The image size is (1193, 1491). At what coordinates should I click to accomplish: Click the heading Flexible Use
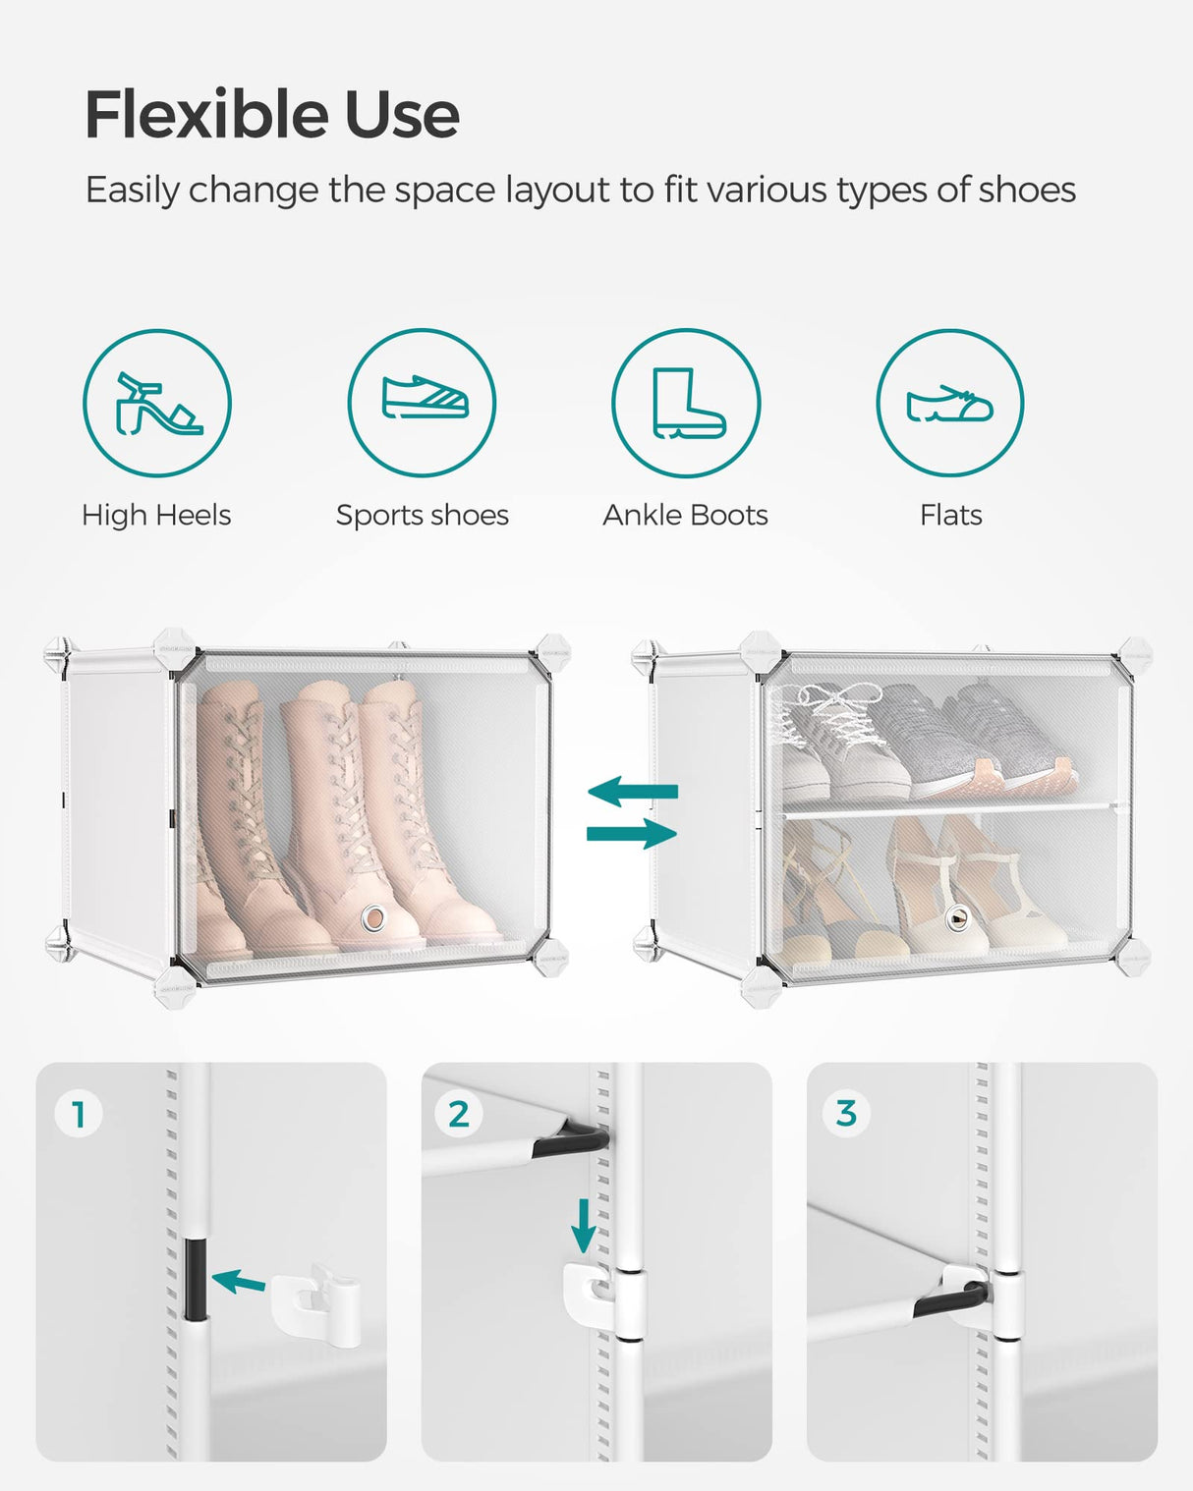tap(272, 114)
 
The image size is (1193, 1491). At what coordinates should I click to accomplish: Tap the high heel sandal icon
tap(157, 404)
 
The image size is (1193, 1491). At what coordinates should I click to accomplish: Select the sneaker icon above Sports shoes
tap(423, 398)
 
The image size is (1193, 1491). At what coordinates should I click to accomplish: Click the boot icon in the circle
tap(687, 403)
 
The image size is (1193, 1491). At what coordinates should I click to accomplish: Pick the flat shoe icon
tap(949, 404)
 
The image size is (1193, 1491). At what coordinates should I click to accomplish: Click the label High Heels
tap(156, 515)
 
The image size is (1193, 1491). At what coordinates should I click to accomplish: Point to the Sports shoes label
tap(423, 515)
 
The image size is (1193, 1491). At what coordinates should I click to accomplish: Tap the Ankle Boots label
tap(685, 515)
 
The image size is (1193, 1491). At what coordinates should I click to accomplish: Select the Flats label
tap(950, 515)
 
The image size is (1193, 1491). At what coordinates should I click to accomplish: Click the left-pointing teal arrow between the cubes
tap(633, 791)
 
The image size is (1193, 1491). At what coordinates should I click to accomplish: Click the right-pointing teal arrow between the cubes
tap(632, 834)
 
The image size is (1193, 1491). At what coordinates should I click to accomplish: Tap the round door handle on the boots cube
tap(372, 918)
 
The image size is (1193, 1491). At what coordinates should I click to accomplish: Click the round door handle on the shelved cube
tap(957, 918)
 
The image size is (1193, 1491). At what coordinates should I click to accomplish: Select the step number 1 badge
tap(79, 1114)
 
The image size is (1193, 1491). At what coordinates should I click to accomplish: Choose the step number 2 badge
tap(459, 1114)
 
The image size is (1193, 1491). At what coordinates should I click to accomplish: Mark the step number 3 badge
tap(846, 1113)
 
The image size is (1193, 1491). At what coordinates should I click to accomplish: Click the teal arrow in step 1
tap(239, 1281)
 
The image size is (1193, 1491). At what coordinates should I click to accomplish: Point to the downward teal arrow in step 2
tap(584, 1225)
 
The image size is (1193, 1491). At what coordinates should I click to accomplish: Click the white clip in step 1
tap(314, 1304)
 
